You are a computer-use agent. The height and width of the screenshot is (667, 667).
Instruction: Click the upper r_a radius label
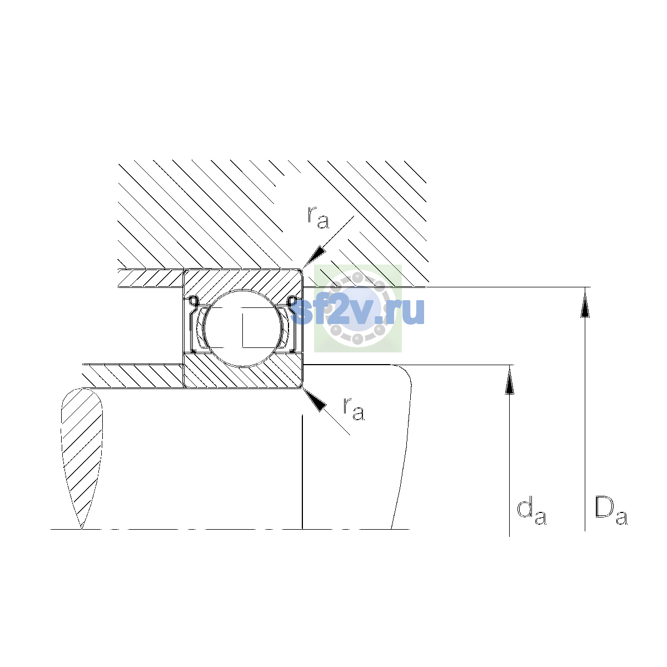tap(318, 217)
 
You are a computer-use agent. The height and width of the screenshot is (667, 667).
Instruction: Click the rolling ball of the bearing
tap(243, 328)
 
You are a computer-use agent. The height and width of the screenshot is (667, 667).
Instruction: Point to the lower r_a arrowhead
tap(314, 400)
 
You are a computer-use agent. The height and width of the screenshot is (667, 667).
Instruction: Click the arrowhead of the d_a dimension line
tap(509, 380)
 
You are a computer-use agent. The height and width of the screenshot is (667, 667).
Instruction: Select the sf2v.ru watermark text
tap(358, 311)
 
